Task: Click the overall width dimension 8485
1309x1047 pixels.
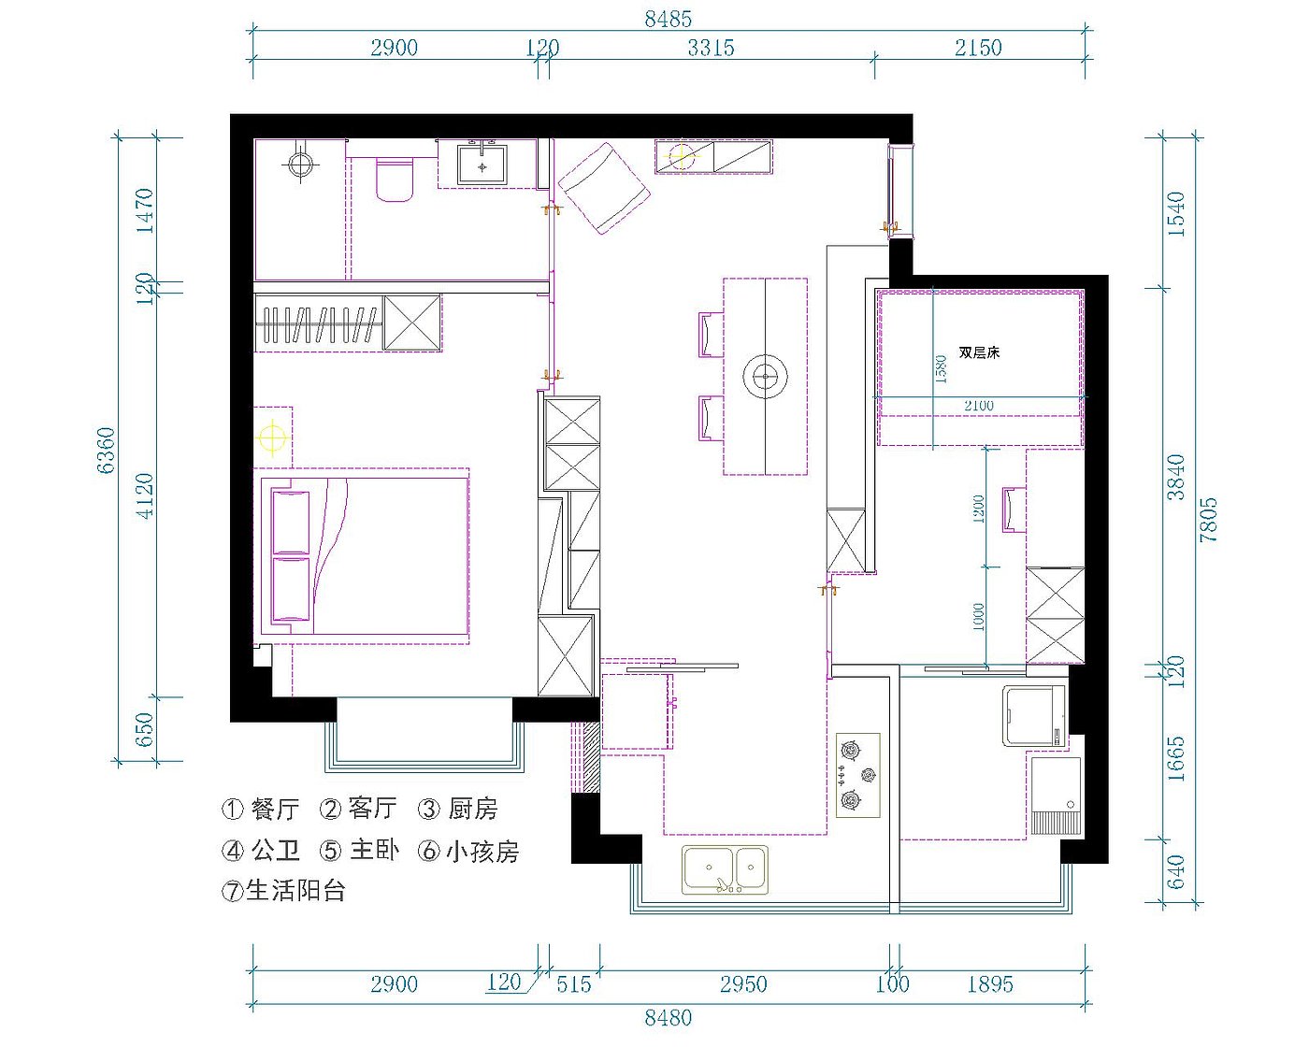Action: [668, 20]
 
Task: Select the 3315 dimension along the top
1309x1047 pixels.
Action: [711, 48]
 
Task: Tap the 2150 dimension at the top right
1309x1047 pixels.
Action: [977, 48]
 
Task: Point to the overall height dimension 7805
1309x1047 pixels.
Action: [1208, 520]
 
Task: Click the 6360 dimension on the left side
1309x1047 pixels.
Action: [106, 451]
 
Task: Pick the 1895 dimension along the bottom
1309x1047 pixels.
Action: [990, 983]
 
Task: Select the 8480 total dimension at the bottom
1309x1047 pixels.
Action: [668, 1017]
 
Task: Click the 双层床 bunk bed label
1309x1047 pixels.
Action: [979, 352]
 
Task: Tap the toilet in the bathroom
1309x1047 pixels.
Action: [395, 179]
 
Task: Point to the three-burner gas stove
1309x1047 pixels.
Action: [858, 775]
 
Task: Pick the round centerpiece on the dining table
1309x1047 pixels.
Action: [765, 377]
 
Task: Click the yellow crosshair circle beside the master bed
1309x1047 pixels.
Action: [272, 437]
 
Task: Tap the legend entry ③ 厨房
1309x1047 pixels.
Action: [457, 809]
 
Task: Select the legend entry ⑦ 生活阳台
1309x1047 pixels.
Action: [283, 891]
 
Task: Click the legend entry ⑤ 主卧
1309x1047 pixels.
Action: [359, 850]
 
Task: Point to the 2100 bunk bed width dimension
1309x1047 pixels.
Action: [979, 405]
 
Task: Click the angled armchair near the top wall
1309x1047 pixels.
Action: [603, 189]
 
